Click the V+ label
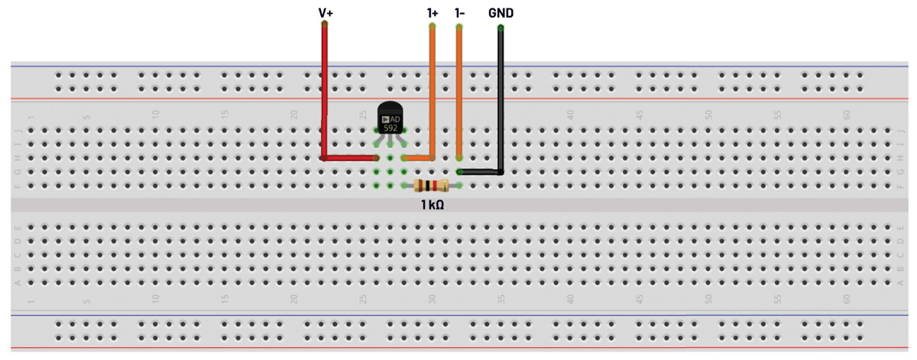pyautogui.click(x=325, y=13)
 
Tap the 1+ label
pyautogui.click(x=433, y=13)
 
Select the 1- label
pyautogui.click(x=459, y=13)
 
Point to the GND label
pyautogui.click(x=501, y=13)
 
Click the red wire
pyautogui.click(x=325, y=92)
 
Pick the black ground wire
pyautogui.click(x=501, y=99)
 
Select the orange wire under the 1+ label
pyautogui.click(x=433, y=92)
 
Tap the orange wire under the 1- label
pyautogui.click(x=459, y=92)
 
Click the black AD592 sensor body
pyautogui.click(x=390, y=111)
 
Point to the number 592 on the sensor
pyautogui.click(x=390, y=128)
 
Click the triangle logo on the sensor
pyautogui.click(x=384, y=119)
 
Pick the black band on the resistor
pyautogui.click(x=427, y=185)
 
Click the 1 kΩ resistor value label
pyautogui.click(x=433, y=205)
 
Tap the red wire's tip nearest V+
pyautogui.click(x=325, y=25)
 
